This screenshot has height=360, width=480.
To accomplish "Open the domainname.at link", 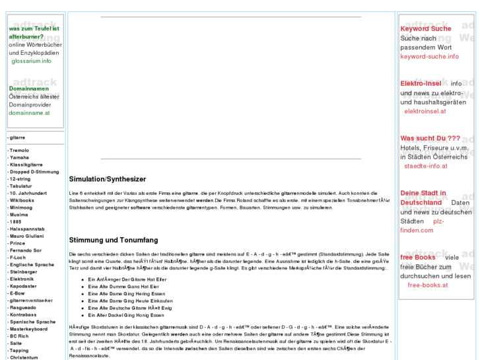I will pyautogui.click(x=30, y=113).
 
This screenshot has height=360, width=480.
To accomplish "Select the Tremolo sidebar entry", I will pyautogui.click(x=19, y=151).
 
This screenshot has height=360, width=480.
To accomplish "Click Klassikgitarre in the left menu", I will pyautogui.click(x=25, y=164).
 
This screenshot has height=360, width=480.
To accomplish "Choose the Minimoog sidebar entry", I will pyautogui.click(x=20, y=207).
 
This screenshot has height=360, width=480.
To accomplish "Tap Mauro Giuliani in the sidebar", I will pyautogui.click(x=26, y=235).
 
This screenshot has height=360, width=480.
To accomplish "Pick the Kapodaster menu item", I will pyautogui.click(x=23, y=285).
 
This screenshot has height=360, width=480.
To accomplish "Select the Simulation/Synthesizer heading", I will pyautogui.click(x=107, y=180).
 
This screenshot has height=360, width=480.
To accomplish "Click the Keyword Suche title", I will pyautogui.click(x=426, y=29).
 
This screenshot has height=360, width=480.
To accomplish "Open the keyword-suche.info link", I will pyautogui.click(x=429, y=57).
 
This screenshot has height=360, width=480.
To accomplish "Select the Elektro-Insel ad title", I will pyautogui.click(x=421, y=84).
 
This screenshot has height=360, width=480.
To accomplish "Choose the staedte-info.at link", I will pyautogui.click(x=426, y=166).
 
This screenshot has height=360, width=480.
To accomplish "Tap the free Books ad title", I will pyautogui.click(x=418, y=257).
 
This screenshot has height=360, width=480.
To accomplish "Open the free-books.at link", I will pyautogui.click(x=428, y=285).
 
